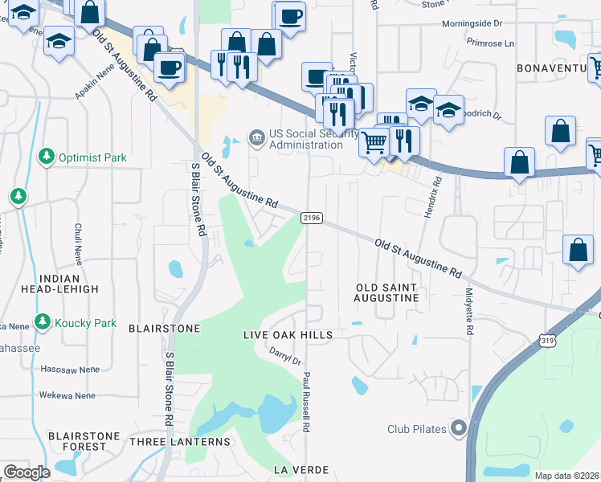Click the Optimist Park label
pyautogui.click(x=92, y=157)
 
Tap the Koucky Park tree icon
pyautogui.click(x=43, y=323)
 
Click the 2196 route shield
pyautogui.click(x=312, y=218)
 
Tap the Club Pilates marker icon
pyautogui.click(x=459, y=428)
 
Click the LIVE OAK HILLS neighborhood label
pyautogui.click(x=288, y=334)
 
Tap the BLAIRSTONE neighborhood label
pyautogui.click(x=164, y=329)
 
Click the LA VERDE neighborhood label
pyautogui.click(x=302, y=469)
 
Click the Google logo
pyautogui.click(x=27, y=472)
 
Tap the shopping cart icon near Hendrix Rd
pyautogui.click(x=374, y=144)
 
